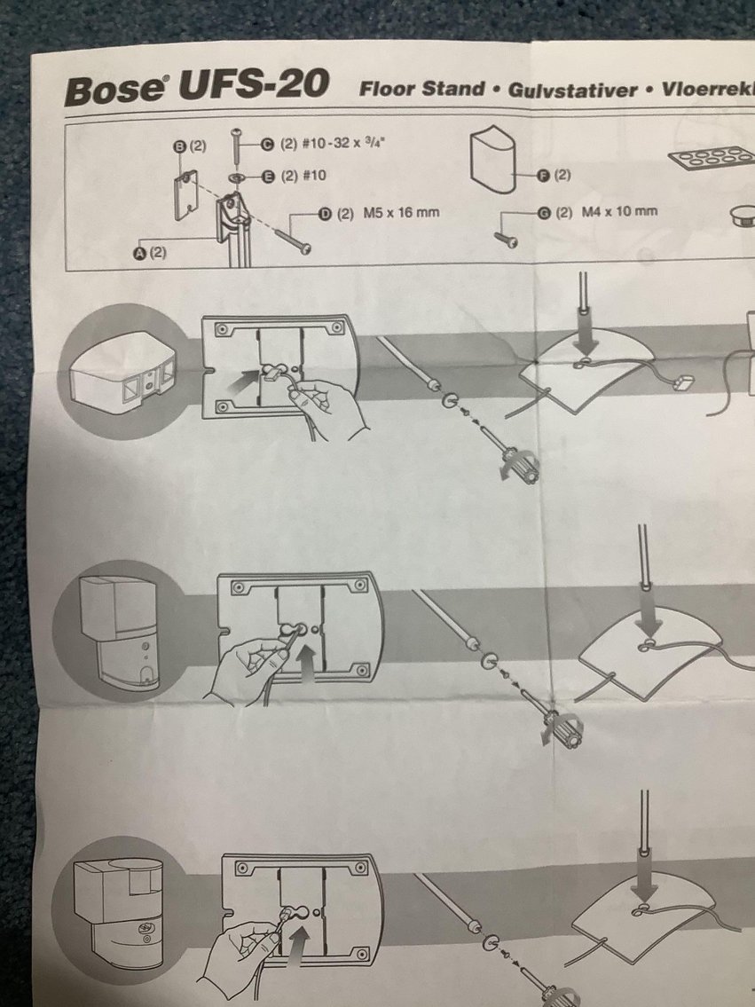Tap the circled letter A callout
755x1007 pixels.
pos(139,253)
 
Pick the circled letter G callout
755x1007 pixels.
pos(542,212)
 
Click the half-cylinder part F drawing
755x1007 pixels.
pos(499,158)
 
